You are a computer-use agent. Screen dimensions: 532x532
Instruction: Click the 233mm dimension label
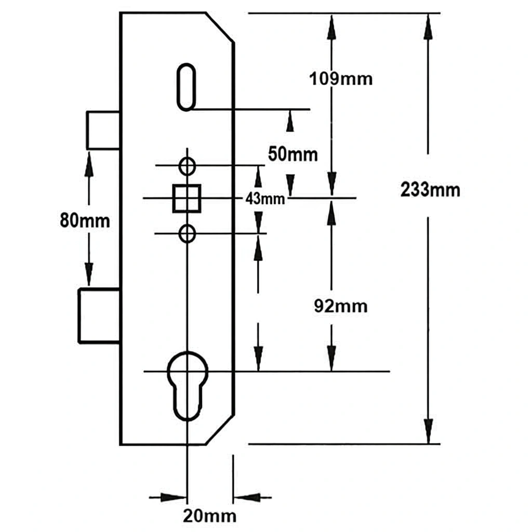point(430,190)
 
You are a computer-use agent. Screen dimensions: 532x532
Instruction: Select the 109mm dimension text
point(341,79)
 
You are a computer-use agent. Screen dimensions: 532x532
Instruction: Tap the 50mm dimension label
point(292,154)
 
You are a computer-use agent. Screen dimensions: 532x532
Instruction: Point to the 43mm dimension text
point(265,198)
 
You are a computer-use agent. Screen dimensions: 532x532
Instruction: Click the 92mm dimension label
point(341,306)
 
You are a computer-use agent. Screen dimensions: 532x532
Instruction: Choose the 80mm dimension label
point(85,221)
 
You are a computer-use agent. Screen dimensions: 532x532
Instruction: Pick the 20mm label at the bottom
point(209,516)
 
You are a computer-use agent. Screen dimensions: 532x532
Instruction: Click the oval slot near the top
point(186,87)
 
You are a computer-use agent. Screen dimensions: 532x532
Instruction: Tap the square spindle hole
point(187,198)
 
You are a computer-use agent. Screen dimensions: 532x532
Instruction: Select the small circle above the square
point(187,166)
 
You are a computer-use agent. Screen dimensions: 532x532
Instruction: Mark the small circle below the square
point(187,234)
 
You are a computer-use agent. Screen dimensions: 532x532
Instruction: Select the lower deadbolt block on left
point(99,315)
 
